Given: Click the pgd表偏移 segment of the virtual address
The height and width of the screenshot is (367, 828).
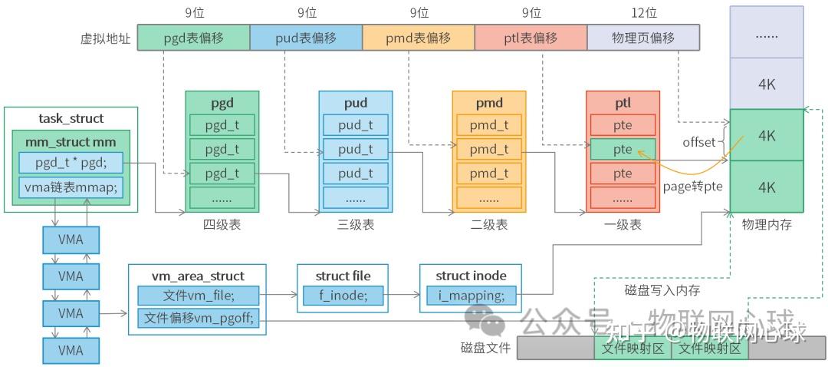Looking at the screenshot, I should [194, 38].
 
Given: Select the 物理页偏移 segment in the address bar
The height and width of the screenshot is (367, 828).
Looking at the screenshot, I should [643, 38].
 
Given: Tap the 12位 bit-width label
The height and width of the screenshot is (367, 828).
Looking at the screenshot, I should [643, 13].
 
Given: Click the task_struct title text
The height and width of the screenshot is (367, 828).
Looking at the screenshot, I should [71, 118].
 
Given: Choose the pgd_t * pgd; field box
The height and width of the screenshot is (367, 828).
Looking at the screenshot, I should [70, 163].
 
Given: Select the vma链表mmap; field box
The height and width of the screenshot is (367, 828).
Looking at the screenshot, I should [70, 187].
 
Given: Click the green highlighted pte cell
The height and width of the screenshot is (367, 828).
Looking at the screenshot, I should [623, 150].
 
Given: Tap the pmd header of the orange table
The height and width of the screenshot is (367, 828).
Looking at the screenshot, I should [489, 103].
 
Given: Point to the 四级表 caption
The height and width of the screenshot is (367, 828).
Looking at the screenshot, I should [222, 225].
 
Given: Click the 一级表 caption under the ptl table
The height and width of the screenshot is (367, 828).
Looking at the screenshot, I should [623, 225].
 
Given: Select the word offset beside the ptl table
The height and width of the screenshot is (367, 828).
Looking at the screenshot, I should [698, 142].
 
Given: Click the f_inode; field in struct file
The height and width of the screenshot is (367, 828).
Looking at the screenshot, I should [342, 294].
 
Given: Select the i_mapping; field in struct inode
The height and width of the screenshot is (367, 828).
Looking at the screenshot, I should [471, 294].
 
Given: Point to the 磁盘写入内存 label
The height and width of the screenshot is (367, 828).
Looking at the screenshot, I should [662, 290].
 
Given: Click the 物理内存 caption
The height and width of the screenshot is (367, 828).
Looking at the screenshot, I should [766, 225].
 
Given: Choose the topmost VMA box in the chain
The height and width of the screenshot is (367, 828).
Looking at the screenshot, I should [71, 240].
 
